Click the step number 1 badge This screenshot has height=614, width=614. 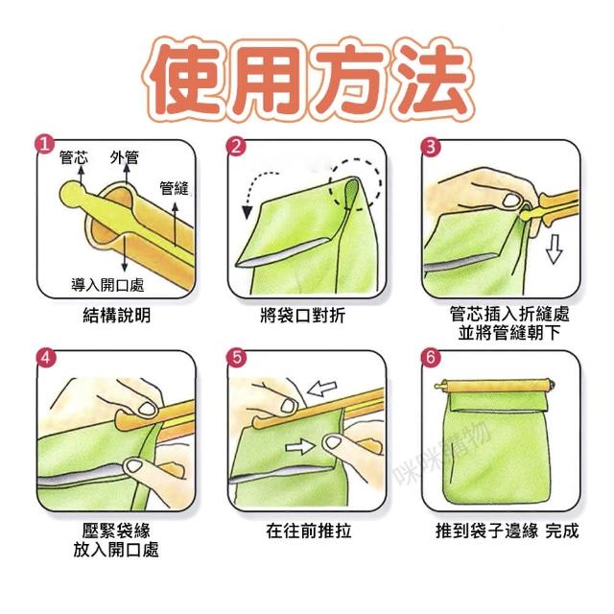(45, 145)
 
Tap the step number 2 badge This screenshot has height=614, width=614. (237, 147)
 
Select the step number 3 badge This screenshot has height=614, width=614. (430, 147)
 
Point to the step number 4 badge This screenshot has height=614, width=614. (46, 358)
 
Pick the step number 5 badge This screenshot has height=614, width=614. (237, 358)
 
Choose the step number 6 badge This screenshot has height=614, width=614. (431, 358)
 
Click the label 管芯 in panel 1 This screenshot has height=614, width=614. (74, 157)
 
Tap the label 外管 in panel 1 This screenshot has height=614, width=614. (125, 157)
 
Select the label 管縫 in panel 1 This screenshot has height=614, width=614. (175, 188)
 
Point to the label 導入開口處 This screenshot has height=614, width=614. (107, 285)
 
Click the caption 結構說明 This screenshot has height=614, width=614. (117, 316)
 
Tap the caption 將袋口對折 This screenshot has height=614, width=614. (303, 316)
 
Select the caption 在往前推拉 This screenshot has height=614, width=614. (309, 531)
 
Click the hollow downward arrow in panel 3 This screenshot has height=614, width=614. (555, 249)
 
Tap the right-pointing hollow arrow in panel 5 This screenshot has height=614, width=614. (300, 446)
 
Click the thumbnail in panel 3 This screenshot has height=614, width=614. (510, 201)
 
